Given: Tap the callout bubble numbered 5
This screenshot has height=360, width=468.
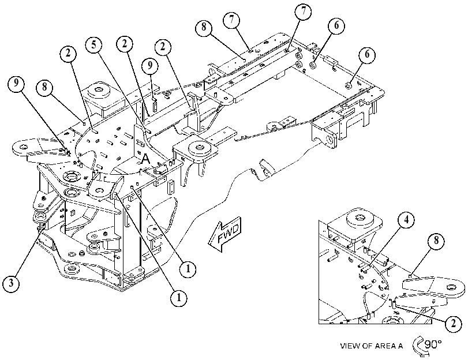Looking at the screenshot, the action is (x=93, y=45).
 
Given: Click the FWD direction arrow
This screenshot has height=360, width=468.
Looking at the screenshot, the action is (x=224, y=234).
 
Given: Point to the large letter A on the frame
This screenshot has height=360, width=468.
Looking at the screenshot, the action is (x=145, y=159).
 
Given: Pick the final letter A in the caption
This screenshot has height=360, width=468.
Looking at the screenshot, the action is (x=400, y=346).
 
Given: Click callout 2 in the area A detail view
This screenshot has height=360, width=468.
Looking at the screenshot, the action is (x=453, y=324).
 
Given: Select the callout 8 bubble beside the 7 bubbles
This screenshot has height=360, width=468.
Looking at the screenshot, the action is (x=204, y=27).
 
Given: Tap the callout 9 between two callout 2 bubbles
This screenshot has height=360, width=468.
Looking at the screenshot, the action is (x=150, y=65).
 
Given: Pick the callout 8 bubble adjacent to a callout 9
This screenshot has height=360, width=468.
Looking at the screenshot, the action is (x=44, y=88).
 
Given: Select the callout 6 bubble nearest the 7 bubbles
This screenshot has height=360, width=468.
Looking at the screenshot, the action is (x=336, y=26).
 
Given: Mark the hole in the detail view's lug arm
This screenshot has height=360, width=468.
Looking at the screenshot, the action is (x=451, y=287).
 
